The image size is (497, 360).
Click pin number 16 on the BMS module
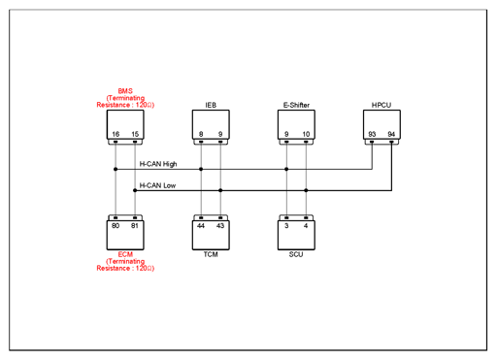point(116,134)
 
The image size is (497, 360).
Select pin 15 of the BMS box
point(135,134)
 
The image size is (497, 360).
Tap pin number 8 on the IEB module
point(201,134)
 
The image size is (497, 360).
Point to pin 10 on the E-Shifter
point(306,134)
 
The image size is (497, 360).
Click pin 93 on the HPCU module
point(372,134)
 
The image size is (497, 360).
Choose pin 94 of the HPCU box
point(391,134)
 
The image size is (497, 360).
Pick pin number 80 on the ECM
point(116,225)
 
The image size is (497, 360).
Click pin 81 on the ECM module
point(135,225)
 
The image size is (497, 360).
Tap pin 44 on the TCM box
point(201,225)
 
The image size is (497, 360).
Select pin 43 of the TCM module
point(220,225)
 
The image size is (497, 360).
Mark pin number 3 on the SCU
point(286,225)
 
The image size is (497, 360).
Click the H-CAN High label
point(158,164)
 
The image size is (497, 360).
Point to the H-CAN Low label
point(157,185)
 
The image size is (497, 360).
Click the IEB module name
point(211,105)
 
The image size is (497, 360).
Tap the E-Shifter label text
point(296,105)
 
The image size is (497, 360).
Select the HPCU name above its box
point(381,105)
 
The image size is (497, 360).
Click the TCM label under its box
point(211,254)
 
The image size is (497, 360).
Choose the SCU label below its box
point(296,254)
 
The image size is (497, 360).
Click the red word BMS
point(125,91)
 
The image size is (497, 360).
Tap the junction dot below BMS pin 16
point(116,169)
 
